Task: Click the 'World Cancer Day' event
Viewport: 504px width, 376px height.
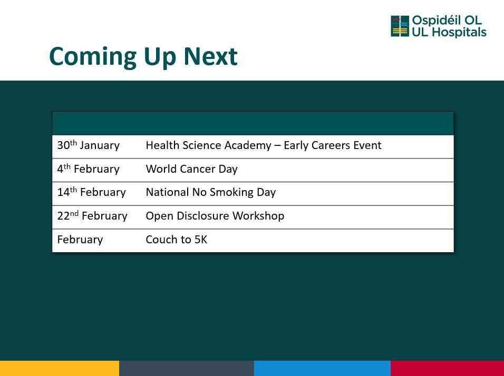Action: tap(191, 169)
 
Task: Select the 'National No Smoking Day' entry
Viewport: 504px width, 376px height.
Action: tap(211, 192)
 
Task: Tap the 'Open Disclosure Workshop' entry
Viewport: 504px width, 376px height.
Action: tap(215, 215)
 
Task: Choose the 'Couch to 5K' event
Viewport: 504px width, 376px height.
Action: tap(177, 239)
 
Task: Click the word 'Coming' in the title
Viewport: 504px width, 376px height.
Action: tap(93, 57)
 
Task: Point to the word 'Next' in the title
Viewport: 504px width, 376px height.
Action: tap(210, 56)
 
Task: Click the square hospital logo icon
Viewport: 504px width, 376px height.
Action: tap(400, 26)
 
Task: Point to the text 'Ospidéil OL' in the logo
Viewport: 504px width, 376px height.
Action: tap(447, 20)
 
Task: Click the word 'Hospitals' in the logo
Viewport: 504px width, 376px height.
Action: tap(459, 33)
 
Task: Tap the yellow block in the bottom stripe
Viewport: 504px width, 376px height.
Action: tap(60, 368)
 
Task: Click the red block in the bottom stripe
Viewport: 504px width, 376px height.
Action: tap(448, 368)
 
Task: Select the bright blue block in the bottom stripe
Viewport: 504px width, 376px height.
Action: tap(323, 368)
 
